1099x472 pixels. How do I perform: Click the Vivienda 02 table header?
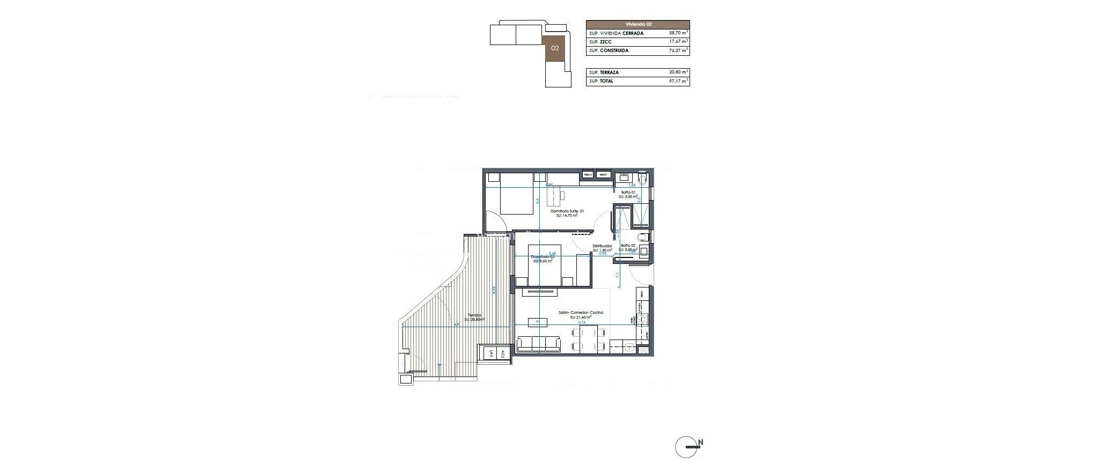[x=638, y=24]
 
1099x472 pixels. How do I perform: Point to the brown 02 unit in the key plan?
[x=555, y=48]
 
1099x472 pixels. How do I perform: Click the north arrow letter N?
[x=701, y=442]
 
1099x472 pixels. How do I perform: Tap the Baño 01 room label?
[x=628, y=192]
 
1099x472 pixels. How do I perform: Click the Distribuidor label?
[x=602, y=246]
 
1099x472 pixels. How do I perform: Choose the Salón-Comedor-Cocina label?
[x=581, y=312]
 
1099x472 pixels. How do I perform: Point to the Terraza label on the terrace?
[x=474, y=315]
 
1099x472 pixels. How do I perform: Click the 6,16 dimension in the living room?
[x=582, y=322]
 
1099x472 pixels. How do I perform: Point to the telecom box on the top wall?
[x=588, y=174]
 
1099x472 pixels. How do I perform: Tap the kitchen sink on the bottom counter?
[x=628, y=348]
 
